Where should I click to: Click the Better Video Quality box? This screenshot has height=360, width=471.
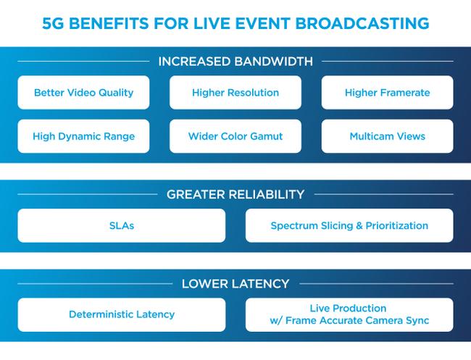83,93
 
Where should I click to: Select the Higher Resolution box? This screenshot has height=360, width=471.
236,93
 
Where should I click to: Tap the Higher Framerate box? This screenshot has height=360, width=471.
387,93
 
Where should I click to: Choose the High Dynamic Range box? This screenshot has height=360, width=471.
83,136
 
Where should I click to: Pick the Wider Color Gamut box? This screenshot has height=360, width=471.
236,136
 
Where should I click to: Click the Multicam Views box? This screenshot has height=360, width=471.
387,136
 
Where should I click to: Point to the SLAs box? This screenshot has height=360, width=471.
121,225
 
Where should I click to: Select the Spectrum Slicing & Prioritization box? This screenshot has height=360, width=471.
349,225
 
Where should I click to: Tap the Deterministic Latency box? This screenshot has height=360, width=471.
121,314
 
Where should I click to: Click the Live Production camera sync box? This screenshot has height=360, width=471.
349,314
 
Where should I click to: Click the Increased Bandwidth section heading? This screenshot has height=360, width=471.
236,62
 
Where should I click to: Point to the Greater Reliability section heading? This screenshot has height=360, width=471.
236,194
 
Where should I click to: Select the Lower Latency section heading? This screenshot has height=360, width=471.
236,283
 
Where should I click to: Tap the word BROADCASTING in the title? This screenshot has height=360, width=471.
367,23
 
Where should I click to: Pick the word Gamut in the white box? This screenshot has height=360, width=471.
266,136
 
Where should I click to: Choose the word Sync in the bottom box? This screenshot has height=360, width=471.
416,320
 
